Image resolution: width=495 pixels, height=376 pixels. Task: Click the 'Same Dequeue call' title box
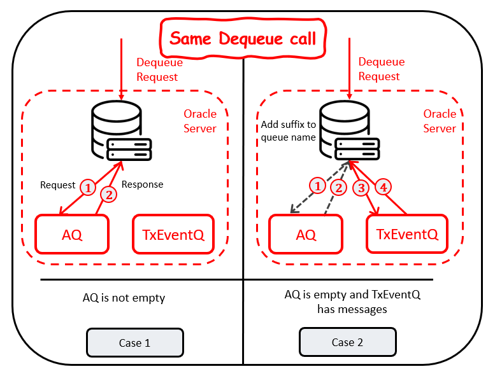[243, 38]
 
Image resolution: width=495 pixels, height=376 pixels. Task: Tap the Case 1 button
[134, 342]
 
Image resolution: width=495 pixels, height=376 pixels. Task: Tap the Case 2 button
[347, 342]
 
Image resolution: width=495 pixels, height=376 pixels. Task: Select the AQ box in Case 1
[71, 234]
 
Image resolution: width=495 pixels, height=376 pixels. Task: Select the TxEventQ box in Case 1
[173, 234]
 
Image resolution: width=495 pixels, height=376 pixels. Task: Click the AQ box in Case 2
[306, 234]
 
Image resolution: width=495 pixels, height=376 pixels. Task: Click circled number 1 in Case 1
[88, 188]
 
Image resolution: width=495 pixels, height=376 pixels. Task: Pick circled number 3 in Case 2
[362, 188]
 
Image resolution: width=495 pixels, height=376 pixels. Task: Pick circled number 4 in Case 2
[383, 188]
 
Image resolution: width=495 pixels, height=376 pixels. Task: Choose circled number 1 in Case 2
[317, 186]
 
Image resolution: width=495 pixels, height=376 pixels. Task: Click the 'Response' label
[142, 185]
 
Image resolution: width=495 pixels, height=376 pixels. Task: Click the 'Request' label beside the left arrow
[58, 185]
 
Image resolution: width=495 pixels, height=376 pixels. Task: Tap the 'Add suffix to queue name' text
[288, 130]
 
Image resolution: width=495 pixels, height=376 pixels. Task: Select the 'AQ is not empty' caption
[124, 298]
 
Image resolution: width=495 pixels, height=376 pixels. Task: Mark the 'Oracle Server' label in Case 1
[200, 121]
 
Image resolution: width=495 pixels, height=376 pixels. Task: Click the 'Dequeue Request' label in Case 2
[379, 69]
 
